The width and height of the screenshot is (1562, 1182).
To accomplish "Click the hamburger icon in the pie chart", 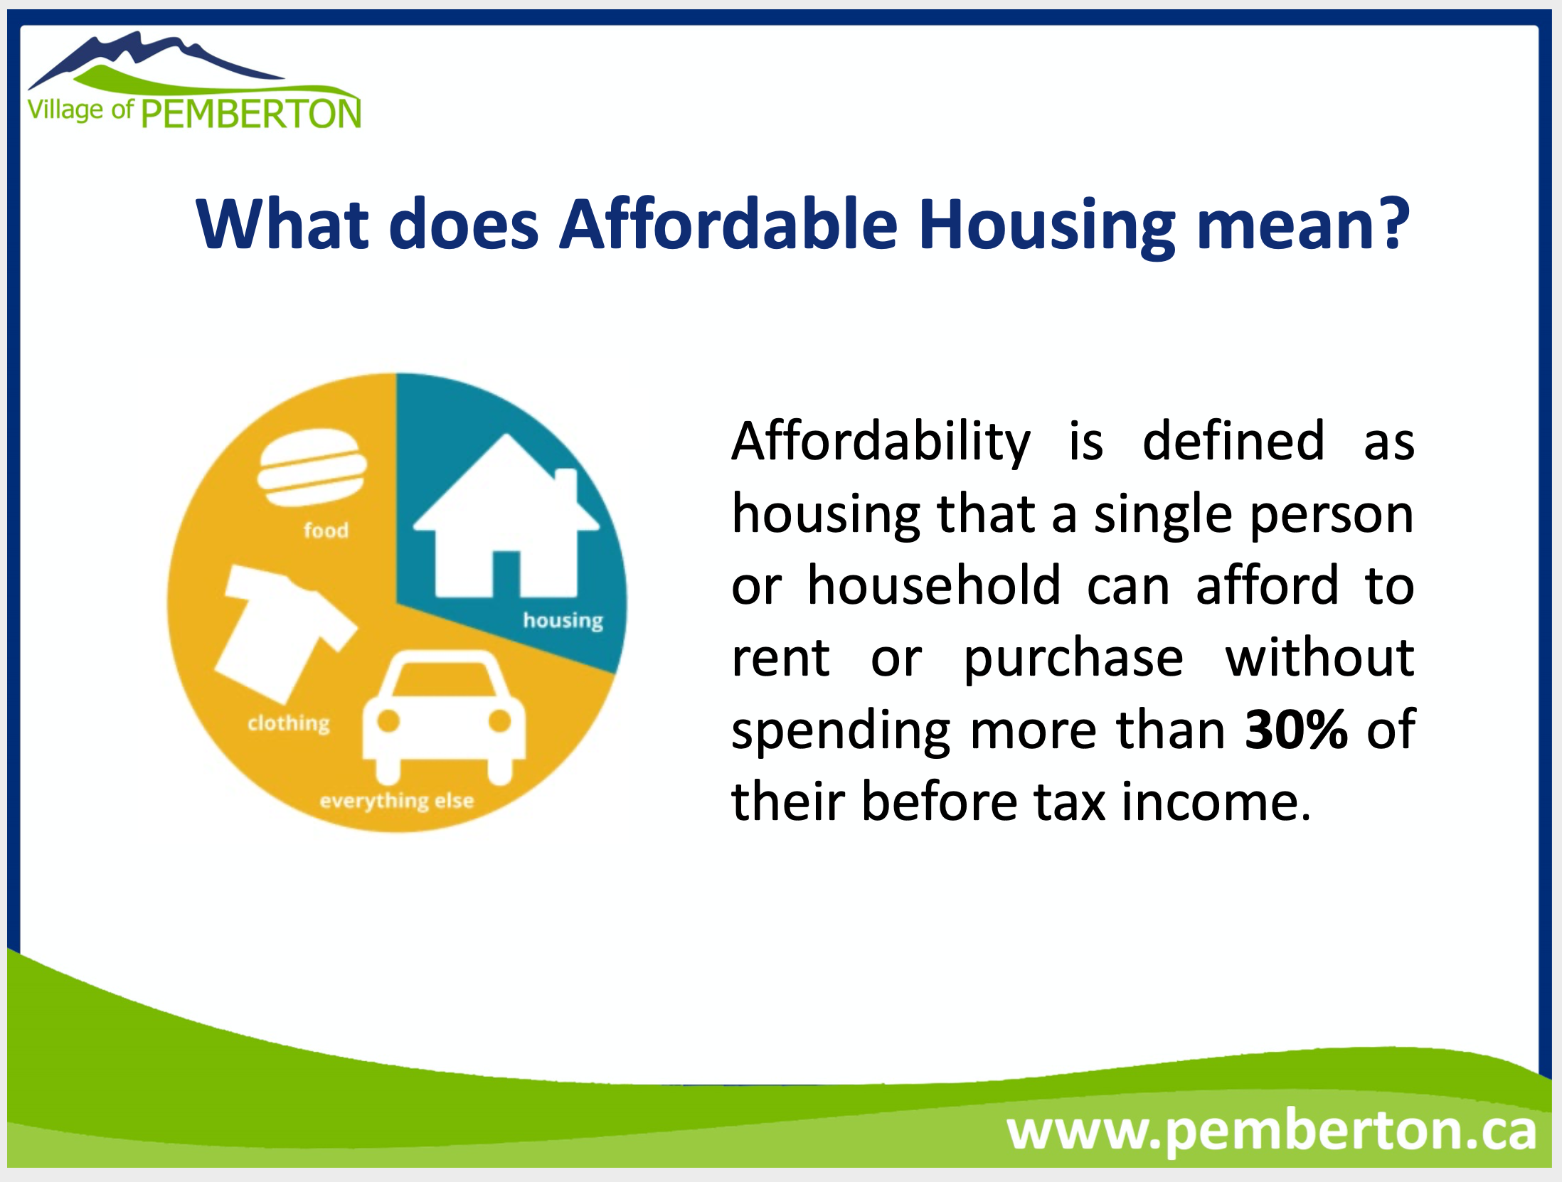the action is [312, 467].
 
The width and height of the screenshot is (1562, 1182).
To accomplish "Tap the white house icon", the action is [506, 516].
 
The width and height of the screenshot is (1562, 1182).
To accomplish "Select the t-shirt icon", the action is [285, 634].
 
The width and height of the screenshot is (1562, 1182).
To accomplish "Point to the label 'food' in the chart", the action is [326, 530].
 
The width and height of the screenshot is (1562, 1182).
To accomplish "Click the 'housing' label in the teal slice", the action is [563, 621].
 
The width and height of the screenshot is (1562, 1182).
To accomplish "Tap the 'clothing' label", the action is [289, 723].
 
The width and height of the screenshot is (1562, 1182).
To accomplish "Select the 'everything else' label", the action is [397, 801].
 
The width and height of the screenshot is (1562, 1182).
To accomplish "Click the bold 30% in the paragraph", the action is [1296, 729].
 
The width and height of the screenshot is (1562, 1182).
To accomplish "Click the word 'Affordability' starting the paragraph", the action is [881, 442].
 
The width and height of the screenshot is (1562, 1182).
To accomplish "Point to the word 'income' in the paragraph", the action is [1216, 802].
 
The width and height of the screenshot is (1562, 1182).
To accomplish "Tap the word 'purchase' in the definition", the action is [1073, 659].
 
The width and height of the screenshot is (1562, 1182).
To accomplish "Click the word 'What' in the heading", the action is [282, 224].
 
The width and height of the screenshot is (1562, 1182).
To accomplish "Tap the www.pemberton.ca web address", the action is [1272, 1130].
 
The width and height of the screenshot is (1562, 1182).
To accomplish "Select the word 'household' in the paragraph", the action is [935, 586].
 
